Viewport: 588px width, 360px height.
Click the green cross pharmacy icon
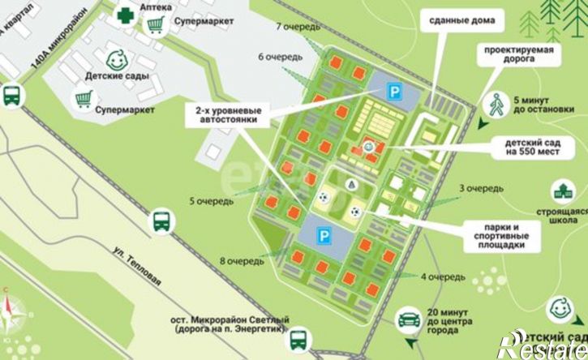[125, 15]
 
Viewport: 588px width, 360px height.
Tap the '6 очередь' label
[281, 57]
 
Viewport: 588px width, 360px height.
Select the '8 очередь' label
[242, 261]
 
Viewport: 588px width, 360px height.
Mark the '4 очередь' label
[443, 276]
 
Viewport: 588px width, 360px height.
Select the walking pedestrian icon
[496, 103]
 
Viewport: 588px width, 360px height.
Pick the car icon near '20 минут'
[408, 319]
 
